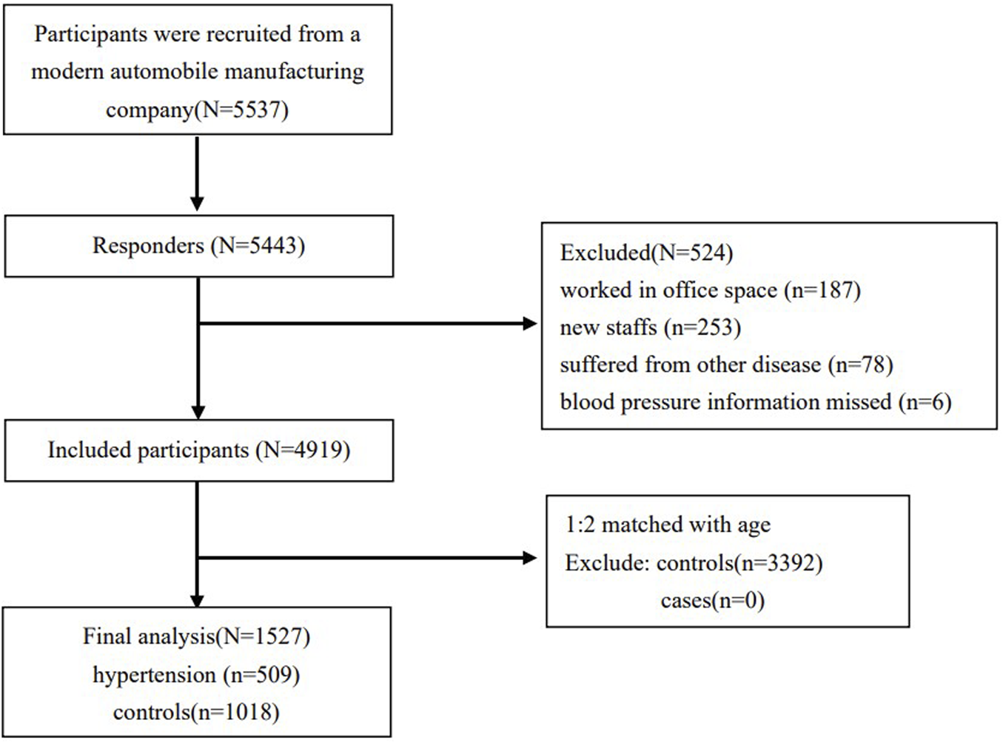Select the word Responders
[x=148, y=246]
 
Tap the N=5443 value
[x=258, y=246]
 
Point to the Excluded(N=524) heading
[x=646, y=253]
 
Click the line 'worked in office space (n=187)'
[x=710, y=290]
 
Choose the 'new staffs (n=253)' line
[x=650, y=327]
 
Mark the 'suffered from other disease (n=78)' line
[x=726, y=364]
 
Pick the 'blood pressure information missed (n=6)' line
[x=755, y=402]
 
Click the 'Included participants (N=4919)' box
[x=199, y=450]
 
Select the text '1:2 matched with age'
[x=668, y=525]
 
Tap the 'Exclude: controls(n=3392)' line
[x=694, y=563]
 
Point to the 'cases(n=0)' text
[x=712, y=601]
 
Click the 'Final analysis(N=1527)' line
[x=196, y=636]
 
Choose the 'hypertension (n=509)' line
[x=196, y=675]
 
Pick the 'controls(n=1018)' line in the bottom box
[x=196, y=713]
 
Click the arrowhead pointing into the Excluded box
[x=529, y=324]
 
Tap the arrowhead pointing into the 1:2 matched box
[x=529, y=558]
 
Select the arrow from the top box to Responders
[x=197, y=174]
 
